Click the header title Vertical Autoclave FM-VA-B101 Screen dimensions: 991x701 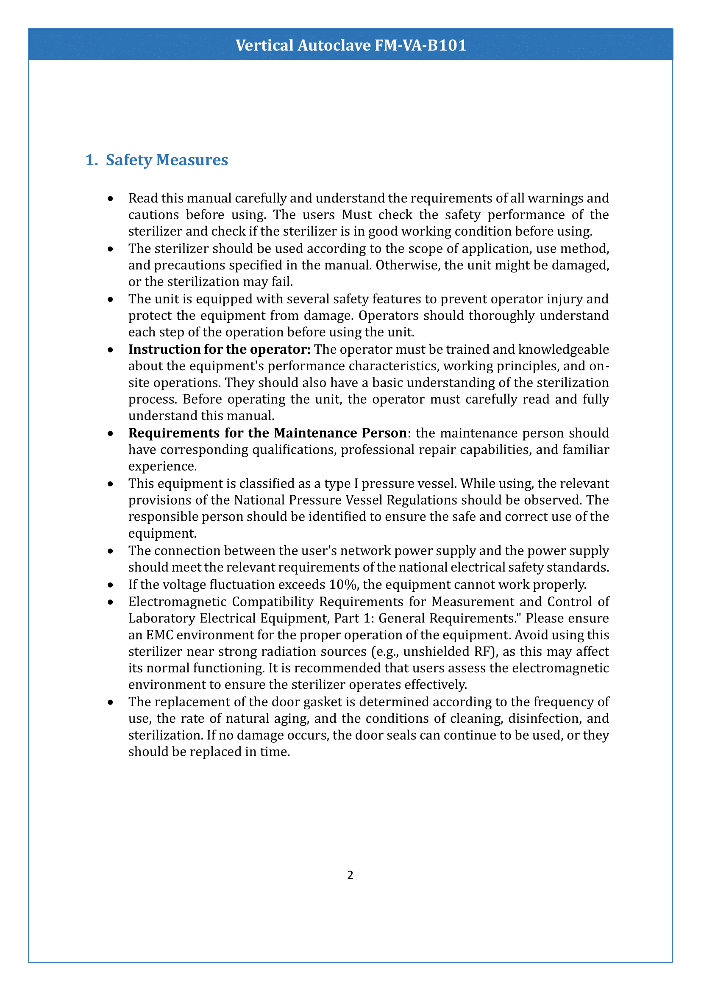pos(350,45)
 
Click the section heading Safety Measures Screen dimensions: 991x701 pos(167,160)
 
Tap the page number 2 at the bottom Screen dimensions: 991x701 pos(350,875)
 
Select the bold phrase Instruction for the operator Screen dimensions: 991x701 pos(219,349)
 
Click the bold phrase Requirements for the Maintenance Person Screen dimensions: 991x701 pos(267,433)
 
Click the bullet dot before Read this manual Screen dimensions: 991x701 pos(111,199)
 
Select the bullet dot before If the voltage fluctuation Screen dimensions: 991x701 pos(111,585)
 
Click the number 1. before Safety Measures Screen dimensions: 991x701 pos(92,160)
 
